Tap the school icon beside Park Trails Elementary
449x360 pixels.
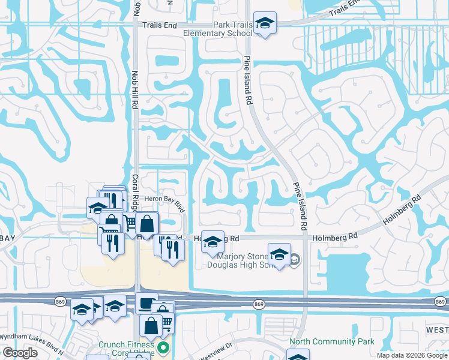coord(265,23)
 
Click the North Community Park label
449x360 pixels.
coord(331,342)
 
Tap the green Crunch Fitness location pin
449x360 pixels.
coord(163,347)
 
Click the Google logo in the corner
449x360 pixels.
coord(20,353)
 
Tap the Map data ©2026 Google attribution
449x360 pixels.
coord(412,355)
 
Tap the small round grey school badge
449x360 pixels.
coord(294,260)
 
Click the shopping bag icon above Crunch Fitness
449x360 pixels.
coord(151,325)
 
